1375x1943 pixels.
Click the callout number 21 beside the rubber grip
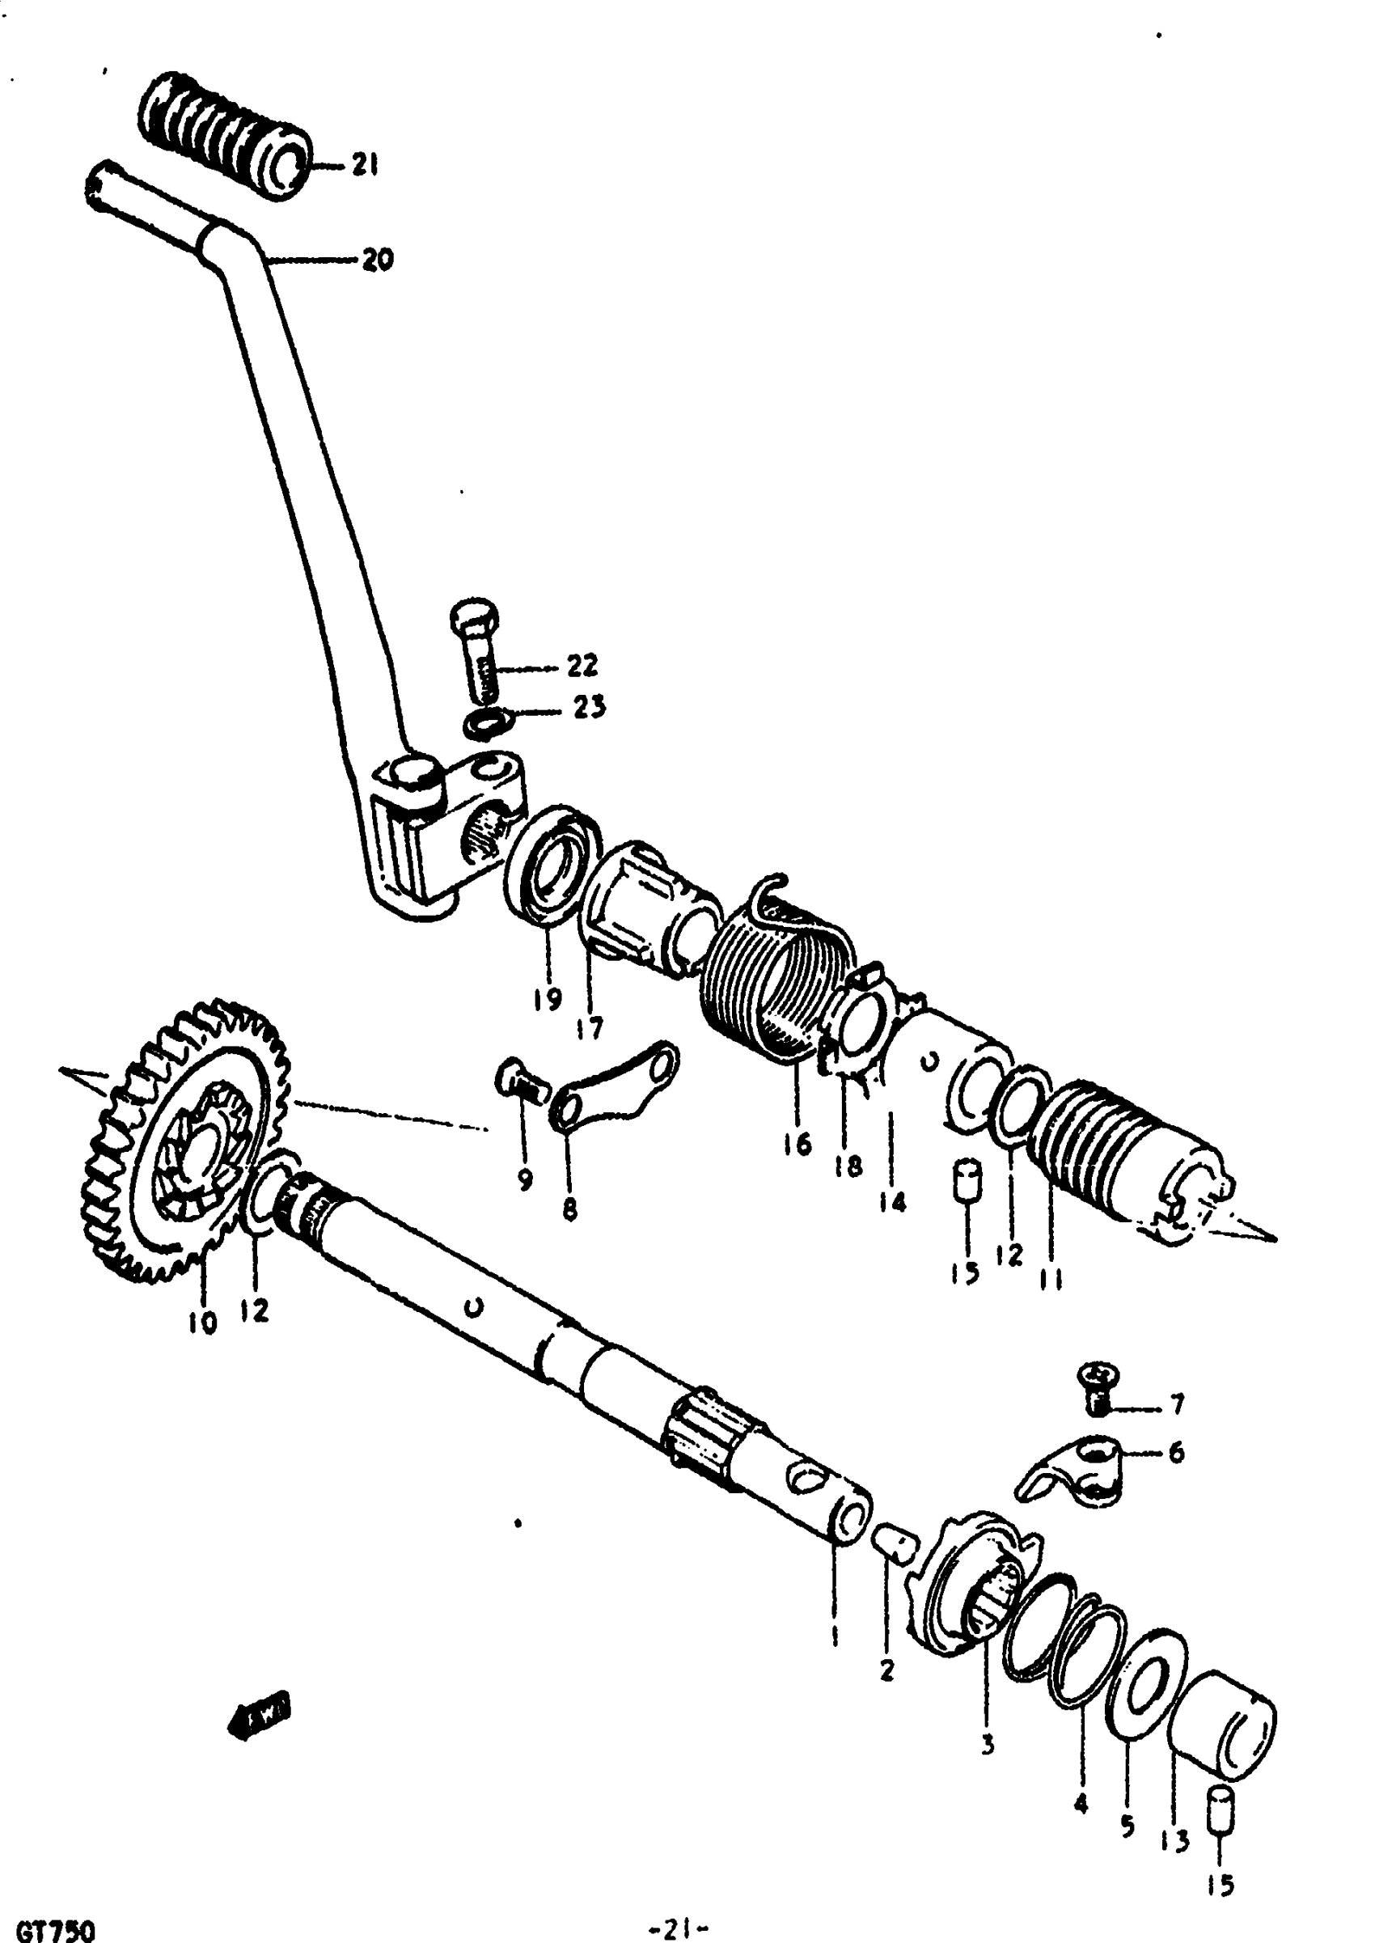click(365, 166)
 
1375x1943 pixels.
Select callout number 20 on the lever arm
click(378, 260)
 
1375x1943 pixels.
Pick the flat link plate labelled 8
click(616, 1087)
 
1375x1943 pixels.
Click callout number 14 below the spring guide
click(892, 1200)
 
